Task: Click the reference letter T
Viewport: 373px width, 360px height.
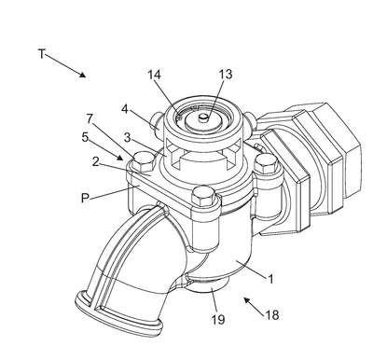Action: [x=42, y=54]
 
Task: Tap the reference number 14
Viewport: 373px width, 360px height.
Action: [x=154, y=75]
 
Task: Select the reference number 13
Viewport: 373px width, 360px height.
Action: [x=226, y=75]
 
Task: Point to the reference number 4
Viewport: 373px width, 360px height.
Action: [x=125, y=109]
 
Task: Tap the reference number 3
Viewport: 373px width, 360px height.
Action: [x=127, y=138]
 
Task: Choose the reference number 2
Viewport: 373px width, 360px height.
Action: [x=96, y=161]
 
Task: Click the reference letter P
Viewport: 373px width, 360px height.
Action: [x=85, y=198]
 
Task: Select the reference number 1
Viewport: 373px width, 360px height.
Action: [x=270, y=279]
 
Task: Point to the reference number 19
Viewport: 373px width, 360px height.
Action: [x=218, y=319]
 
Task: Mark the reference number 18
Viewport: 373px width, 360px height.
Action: [x=272, y=315]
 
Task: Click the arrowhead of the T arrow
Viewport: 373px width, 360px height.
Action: [x=82, y=75]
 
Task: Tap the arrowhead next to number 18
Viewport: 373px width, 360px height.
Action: [x=246, y=300]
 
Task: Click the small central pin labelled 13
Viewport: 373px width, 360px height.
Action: [x=203, y=118]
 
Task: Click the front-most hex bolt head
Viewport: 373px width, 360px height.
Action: [x=203, y=195]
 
